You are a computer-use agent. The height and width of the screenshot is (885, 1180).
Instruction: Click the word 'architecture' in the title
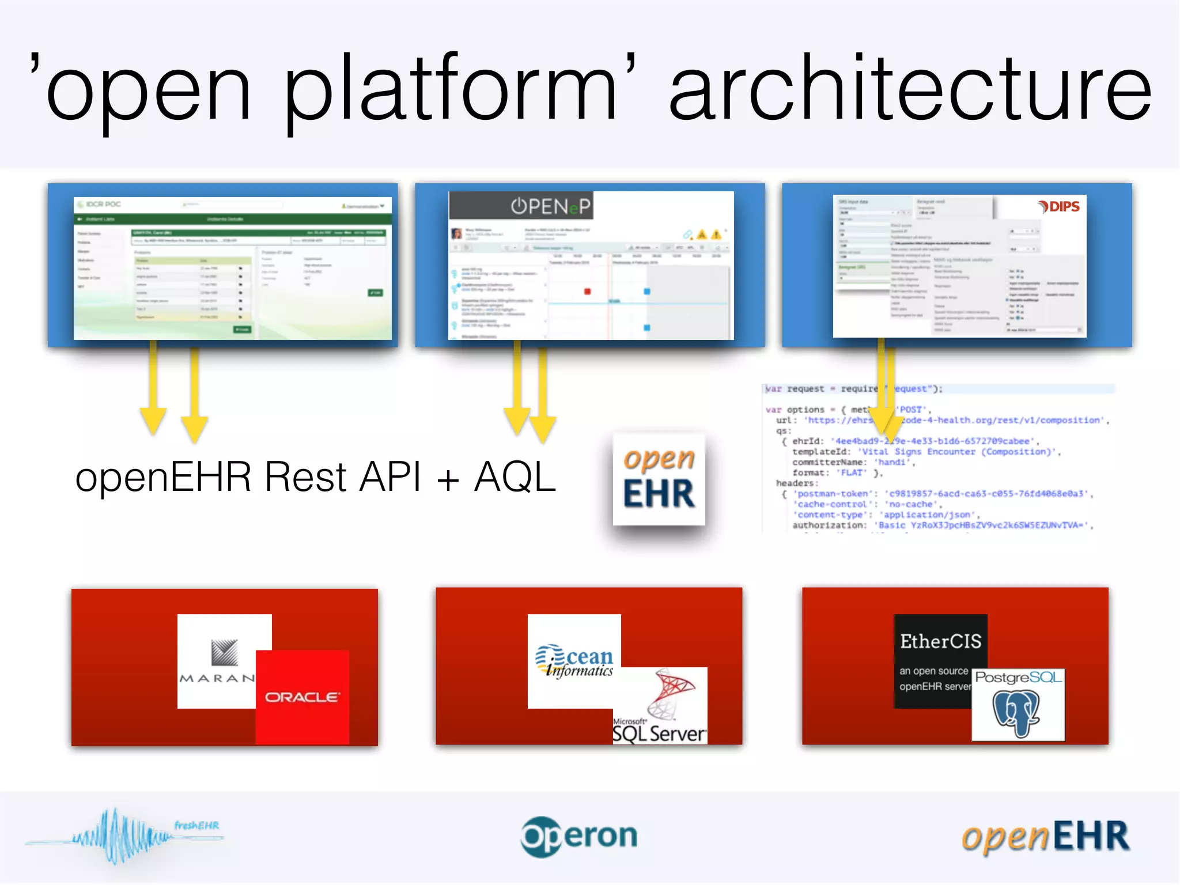click(910, 89)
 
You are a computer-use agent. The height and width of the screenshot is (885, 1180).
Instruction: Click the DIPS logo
click(1059, 207)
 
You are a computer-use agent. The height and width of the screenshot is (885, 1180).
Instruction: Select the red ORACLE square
click(302, 697)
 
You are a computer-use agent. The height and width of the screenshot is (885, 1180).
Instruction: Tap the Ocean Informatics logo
click(574, 661)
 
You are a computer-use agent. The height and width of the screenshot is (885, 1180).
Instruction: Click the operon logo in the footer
click(579, 836)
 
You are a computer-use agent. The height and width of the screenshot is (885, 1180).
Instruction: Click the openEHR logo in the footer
click(1045, 837)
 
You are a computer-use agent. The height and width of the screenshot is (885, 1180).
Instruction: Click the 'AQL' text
click(515, 478)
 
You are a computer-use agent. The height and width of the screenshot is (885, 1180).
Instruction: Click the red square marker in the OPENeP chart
click(587, 292)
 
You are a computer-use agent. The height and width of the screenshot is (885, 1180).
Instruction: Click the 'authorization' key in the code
click(829, 525)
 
